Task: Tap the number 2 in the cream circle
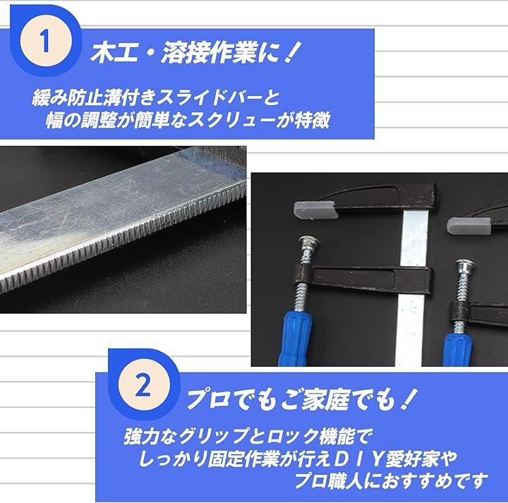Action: (x=143, y=384)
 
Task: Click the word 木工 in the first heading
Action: (x=114, y=52)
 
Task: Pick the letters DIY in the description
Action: (x=357, y=459)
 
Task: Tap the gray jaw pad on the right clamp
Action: (x=468, y=226)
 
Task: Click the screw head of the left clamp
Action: (x=308, y=242)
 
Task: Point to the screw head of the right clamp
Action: (x=464, y=265)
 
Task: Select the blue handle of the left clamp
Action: (x=296, y=339)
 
